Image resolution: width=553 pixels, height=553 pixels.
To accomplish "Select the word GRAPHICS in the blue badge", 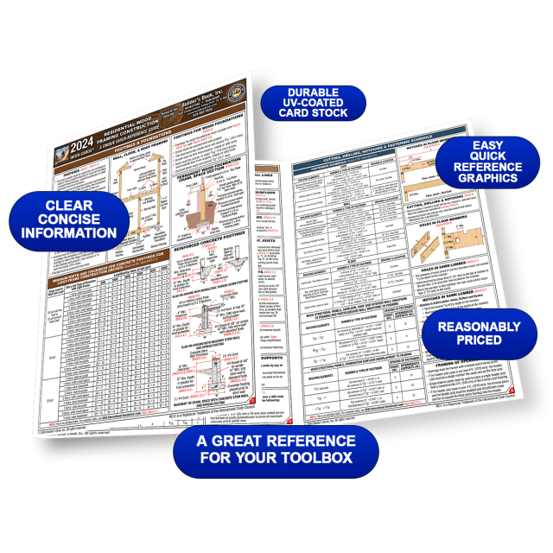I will (486, 179).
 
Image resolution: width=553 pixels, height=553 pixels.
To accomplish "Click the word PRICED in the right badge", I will (477, 341).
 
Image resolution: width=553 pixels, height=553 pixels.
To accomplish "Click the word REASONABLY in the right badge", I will (478, 327).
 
